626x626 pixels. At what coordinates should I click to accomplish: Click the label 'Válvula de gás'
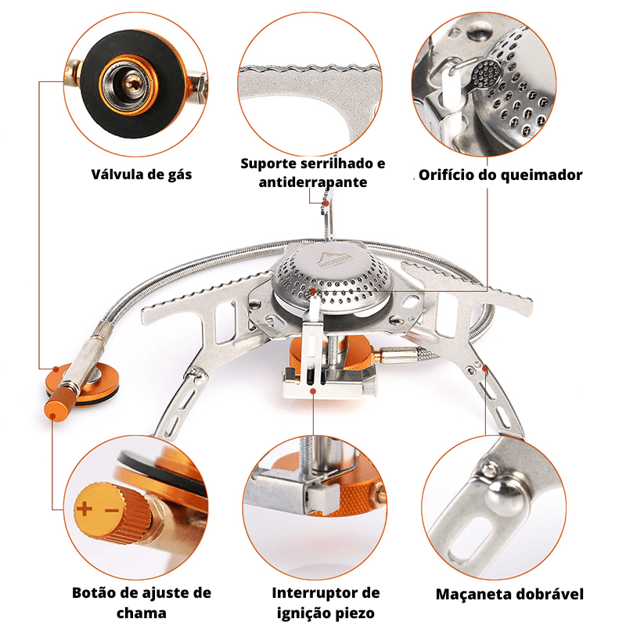click(141, 174)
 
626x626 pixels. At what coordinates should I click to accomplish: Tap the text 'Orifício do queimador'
click(500, 174)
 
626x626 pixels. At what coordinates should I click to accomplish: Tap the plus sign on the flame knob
click(85, 509)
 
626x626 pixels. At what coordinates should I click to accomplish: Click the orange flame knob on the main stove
click(59, 408)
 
